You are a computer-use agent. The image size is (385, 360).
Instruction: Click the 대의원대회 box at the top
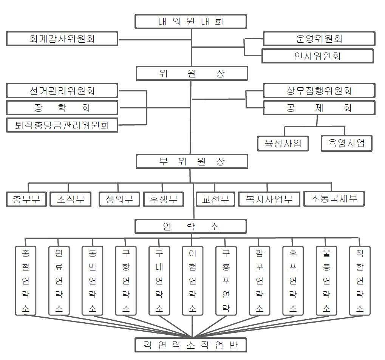tap(191, 22)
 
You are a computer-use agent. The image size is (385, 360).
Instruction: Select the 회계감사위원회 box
tap(62, 39)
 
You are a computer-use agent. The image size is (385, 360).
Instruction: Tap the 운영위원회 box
tap(319, 39)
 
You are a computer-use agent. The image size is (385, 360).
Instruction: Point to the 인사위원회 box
tap(318, 56)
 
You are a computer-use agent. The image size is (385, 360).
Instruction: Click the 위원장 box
tap(192, 73)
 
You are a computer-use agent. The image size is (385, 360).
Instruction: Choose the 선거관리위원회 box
tap(62, 91)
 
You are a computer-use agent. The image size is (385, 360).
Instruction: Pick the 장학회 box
tap(62, 108)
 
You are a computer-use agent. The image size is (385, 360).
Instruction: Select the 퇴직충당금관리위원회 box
tap(62, 125)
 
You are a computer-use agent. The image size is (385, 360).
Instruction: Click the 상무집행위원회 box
tap(319, 91)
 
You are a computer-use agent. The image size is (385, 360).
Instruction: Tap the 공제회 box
tap(319, 108)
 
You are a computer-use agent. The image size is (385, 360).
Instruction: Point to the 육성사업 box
tap(283, 144)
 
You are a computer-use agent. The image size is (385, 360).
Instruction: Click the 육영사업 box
tap(347, 143)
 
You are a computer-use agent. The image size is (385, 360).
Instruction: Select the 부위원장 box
tap(192, 161)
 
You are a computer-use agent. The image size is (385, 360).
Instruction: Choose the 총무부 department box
tap(26, 199)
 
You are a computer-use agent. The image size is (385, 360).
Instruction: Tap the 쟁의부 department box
tap(119, 199)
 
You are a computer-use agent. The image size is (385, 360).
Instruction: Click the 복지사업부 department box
tap(269, 199)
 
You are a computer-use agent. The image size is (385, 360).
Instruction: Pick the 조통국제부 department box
tap(334, 199)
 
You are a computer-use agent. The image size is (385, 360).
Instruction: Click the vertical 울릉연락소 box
tap(326, 281)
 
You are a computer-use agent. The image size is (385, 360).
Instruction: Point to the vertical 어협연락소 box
tap(193, 281)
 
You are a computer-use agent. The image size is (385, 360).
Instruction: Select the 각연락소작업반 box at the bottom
tap(191, 345)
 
